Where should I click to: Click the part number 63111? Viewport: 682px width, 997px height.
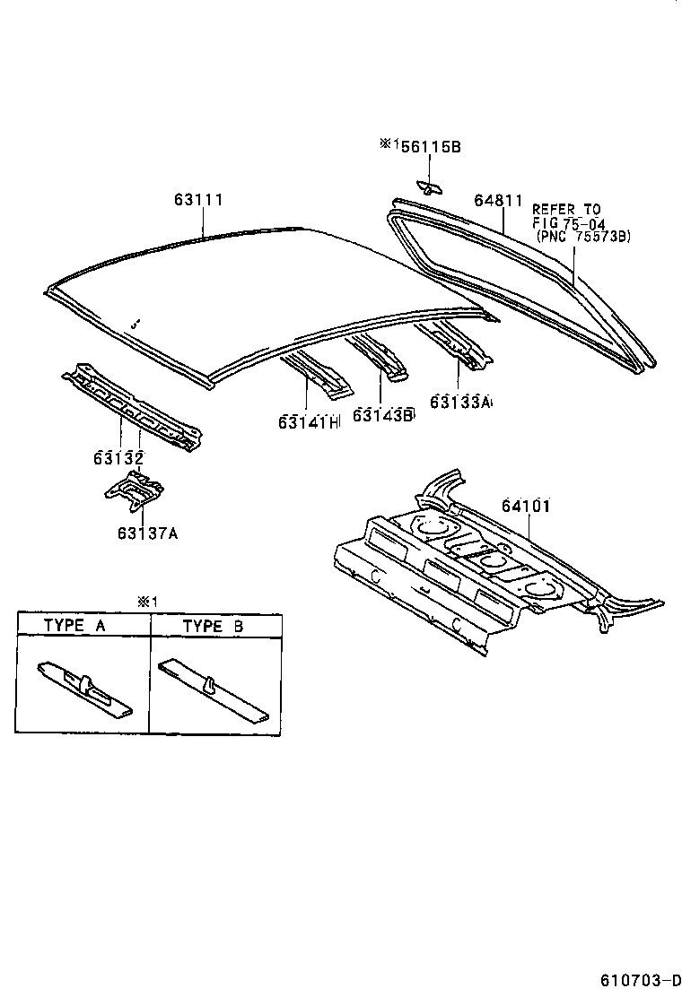(198, 200)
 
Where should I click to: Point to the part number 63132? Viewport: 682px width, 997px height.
(118, 458)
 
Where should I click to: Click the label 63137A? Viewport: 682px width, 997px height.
(146, 533)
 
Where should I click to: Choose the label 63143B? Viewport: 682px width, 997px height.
(384, 414)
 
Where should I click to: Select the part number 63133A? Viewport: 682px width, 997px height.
(460, 403)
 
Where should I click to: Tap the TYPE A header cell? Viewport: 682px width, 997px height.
(83, 626)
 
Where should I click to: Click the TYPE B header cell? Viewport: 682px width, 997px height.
(214, 626)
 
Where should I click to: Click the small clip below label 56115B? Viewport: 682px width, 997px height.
(430, 186)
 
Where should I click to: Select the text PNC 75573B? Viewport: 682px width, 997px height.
(583, 236)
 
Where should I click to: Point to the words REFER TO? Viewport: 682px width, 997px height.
(566, 210)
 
